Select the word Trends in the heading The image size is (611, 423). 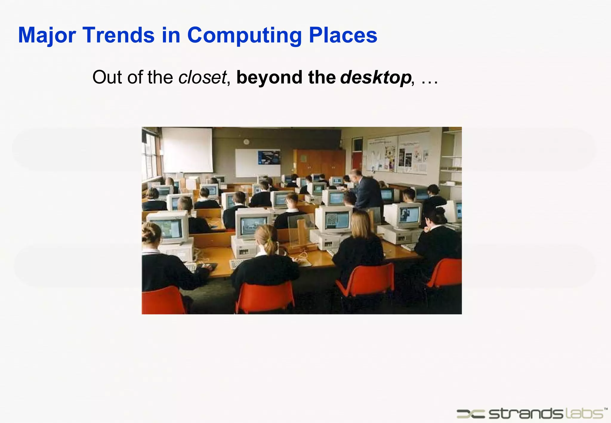point(119,35)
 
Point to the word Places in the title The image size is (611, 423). point(343,35)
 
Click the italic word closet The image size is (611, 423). point(202,77)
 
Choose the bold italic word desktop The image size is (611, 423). point(376,77)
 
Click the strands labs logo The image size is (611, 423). point(531,413)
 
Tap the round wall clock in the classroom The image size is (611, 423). point(246,142)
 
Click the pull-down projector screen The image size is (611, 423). point(187,150)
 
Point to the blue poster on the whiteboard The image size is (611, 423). point(269,158)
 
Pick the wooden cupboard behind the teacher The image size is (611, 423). point(319,162)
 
